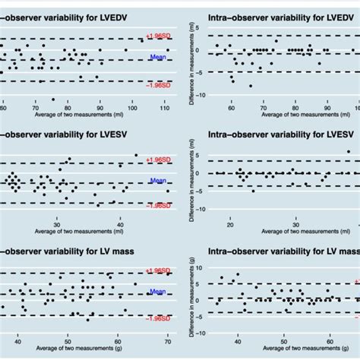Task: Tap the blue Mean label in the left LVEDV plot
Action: click(x=158, y=56)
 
